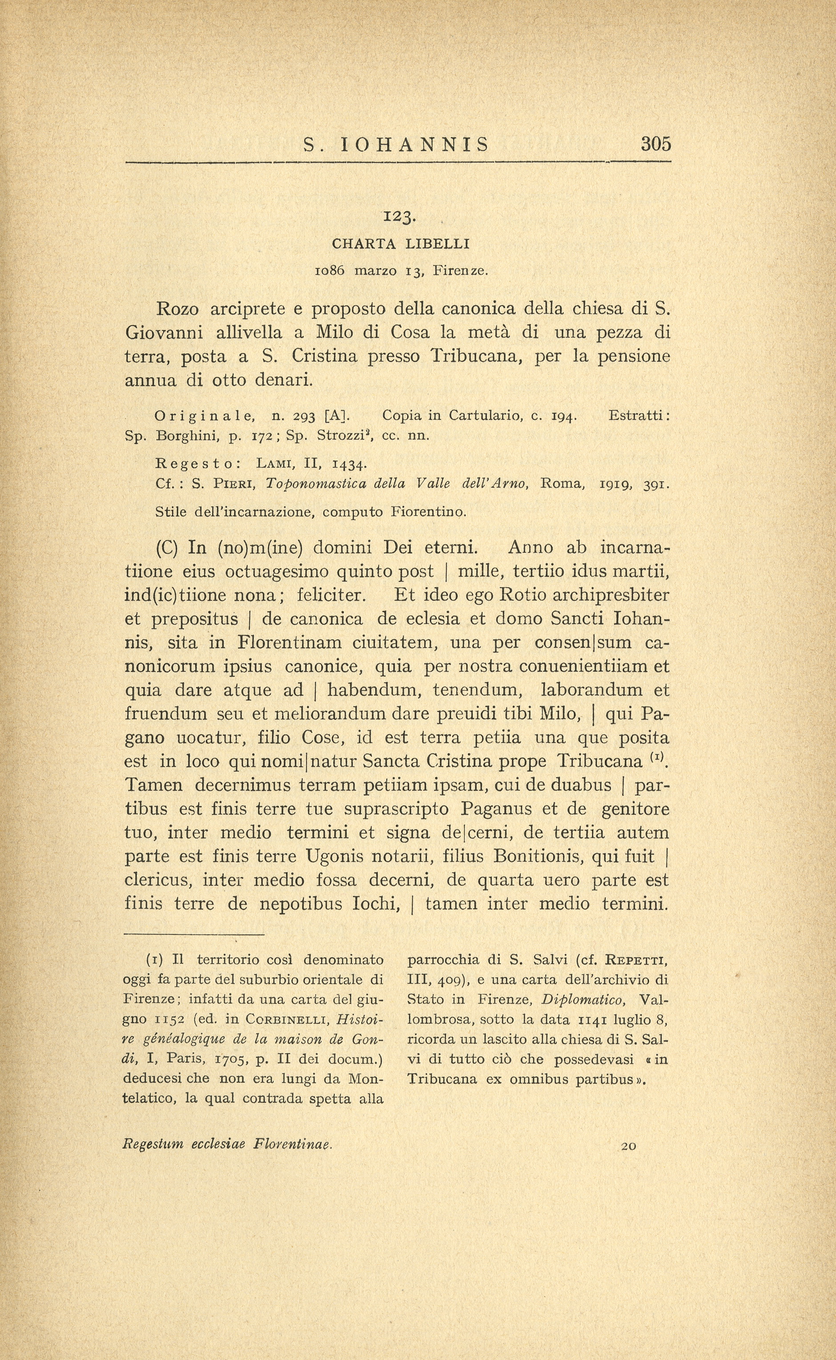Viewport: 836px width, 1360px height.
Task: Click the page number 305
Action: tap(656, 144)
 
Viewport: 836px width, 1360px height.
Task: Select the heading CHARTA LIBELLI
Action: tap(400, 243)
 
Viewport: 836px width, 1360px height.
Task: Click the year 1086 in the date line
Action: tap(330, 271)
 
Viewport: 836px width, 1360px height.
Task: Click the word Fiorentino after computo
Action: tap(429, 512)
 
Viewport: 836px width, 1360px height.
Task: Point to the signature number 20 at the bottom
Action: tap(629, 1146)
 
